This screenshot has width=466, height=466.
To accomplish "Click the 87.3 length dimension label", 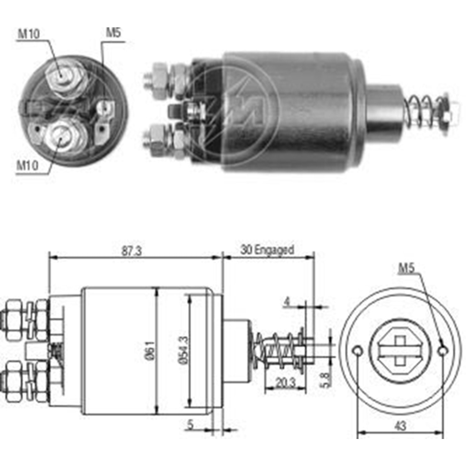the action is [x=131, y=251].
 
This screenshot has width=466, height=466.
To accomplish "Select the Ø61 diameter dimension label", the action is [x=150, y=350].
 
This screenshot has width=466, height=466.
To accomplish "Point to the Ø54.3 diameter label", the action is [x=183, y=350].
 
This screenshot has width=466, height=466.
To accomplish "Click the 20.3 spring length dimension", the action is [x=286, y=383].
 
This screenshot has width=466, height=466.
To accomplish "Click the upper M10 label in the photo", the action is [x=29, y=34].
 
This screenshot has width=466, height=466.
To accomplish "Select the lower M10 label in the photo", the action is [x=27, y=165].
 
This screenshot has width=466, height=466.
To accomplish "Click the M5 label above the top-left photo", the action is [x=113, y=32].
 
